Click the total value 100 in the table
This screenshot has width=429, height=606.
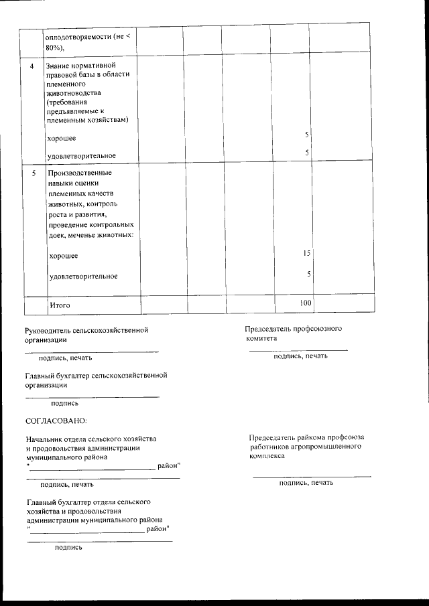click(x=306, y=303)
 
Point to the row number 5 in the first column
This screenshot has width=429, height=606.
click(x=33, y=173)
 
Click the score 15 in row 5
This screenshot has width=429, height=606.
click(x=306, y=254)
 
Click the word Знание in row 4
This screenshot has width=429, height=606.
click(x=58, y=66)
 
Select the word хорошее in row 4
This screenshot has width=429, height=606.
click(x=61, y=139)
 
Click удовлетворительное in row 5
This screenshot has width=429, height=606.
click(x=84, y=277)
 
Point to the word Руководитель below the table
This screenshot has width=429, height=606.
click(x=49, y=329)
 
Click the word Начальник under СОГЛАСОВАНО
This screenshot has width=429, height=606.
click(x=46, y=439)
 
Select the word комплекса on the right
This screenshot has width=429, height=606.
click(x=266, y=455)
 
